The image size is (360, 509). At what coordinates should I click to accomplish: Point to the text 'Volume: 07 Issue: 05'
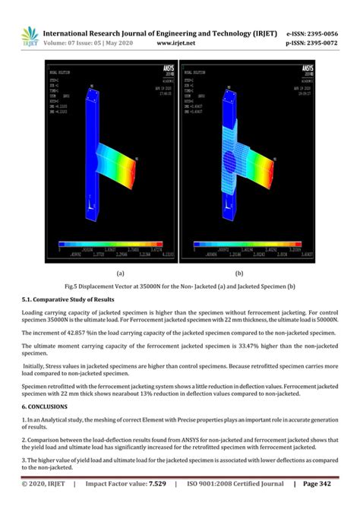click(79, 44)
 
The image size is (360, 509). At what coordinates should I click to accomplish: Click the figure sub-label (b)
click(239, 270)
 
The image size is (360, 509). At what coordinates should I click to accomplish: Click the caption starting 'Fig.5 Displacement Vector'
click(179, 285)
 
